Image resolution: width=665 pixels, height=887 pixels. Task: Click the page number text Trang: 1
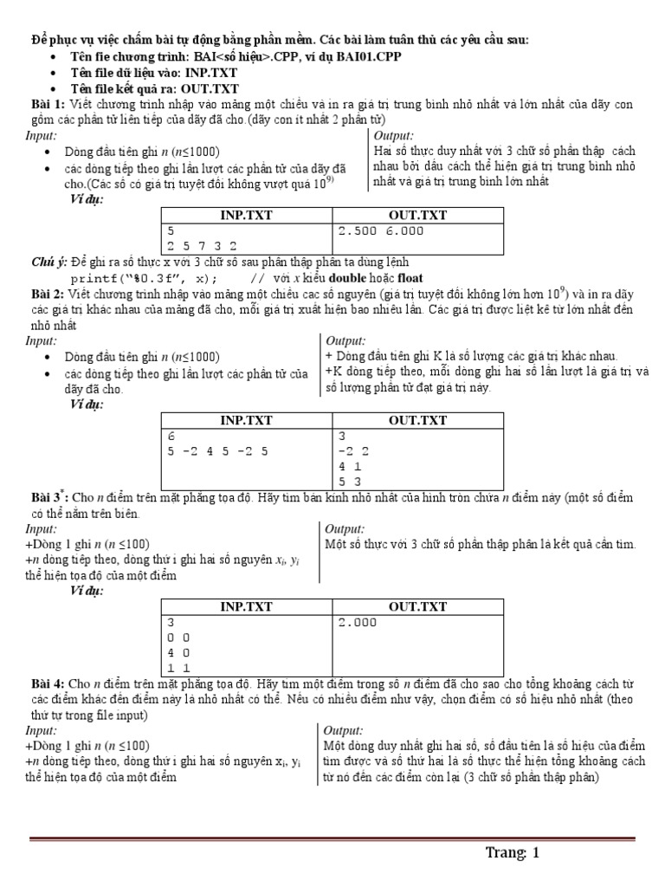click(512, 853)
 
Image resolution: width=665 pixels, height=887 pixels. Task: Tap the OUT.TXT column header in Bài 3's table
click(417, 607)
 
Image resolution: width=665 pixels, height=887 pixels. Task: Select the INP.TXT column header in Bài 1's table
click(245, 215)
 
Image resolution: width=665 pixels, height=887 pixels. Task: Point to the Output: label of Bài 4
click(345, 730)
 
